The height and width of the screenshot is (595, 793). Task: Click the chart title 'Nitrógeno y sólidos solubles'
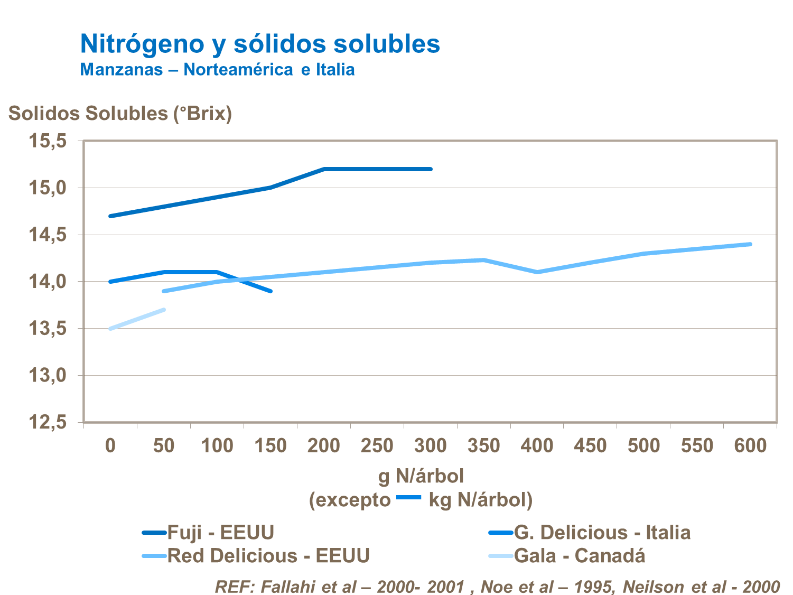(260, 44)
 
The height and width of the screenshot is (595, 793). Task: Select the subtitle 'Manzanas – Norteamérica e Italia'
(217, 70)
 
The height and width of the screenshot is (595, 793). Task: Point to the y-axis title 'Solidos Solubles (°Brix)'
(120, 114)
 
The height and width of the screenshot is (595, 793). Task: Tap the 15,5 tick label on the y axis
(48, 141)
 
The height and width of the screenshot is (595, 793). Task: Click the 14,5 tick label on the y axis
(48, 235)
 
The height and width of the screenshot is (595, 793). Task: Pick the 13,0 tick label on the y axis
(48, 376)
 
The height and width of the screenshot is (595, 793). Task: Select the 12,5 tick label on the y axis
(48, 423)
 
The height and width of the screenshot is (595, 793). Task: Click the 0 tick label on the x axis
(110, 446)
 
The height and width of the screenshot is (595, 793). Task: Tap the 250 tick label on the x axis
(377, 446)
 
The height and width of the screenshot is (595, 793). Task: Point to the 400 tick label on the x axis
(537, 446)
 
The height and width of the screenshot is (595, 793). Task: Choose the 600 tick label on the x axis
(750, 446)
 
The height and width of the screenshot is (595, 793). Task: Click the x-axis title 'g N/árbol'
(421, 476)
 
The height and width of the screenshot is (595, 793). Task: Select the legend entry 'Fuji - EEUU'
(220, 533)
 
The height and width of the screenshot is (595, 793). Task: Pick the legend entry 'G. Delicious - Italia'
(602, 533)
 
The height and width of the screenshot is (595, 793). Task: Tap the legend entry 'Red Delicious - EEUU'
(268, 556)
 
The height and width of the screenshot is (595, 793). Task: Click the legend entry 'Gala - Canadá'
(579, 556)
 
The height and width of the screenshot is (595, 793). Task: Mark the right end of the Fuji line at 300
(431, 169)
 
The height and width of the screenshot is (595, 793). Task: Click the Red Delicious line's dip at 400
(537, 272)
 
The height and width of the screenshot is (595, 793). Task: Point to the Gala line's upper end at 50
(164, 310)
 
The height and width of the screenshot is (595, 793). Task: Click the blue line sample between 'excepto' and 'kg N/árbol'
(408, 497)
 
